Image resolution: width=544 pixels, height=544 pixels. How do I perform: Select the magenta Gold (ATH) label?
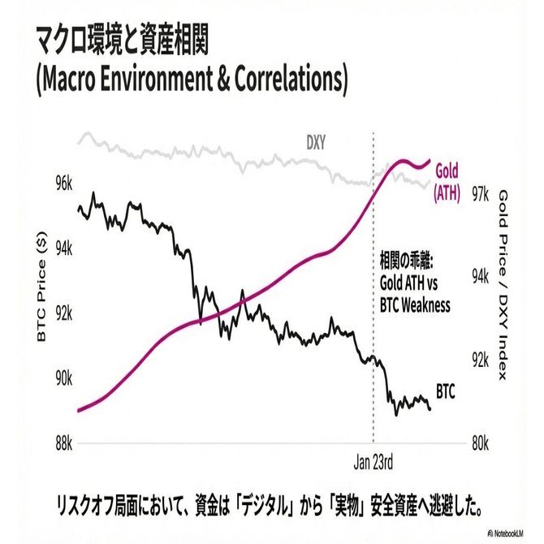(447, 181)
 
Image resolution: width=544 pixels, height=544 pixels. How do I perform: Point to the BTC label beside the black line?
(445, 391)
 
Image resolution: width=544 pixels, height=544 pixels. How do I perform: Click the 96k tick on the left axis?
(65, 184)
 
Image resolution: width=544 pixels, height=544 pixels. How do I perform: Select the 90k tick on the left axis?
(65, 379)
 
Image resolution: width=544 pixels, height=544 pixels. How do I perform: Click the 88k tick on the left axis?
(65, 443)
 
